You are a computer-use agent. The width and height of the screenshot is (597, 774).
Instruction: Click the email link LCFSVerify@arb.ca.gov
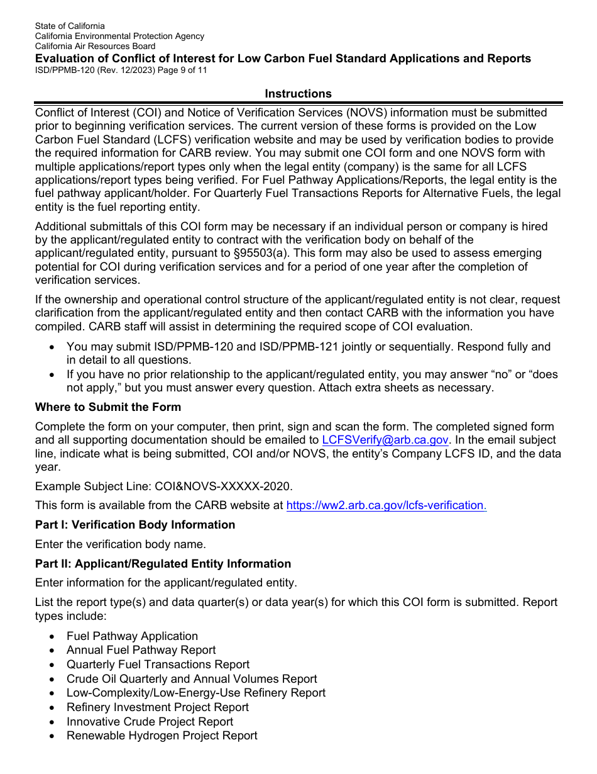[x=386, y=440]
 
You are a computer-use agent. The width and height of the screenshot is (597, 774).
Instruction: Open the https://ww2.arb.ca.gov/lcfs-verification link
[x=386, y=505]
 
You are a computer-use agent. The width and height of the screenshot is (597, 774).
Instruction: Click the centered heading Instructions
[x=298, y=94]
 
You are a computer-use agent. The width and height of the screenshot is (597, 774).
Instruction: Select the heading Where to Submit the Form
[x=108, y=407]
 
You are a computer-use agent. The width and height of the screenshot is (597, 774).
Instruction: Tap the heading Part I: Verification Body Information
[x=135, y=525]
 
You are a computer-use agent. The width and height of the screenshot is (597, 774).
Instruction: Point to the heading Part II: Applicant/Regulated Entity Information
[x=163, y=564]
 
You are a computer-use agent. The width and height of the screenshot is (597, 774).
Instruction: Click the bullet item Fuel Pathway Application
[x=132, y=636]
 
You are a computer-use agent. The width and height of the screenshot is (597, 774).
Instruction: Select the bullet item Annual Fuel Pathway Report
[x=141, y=650]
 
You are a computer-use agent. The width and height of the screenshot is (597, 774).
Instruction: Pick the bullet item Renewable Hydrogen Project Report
[x=162, y=736]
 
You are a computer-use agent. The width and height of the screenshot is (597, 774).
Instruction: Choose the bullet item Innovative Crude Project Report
[x=150, y=722]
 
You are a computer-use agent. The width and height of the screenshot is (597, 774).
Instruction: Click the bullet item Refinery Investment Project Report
[x=158, y=707]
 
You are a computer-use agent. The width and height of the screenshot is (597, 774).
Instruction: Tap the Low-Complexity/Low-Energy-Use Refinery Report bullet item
[x=196, y=693]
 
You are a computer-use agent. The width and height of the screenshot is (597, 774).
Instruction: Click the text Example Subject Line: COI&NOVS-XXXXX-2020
[x=163, y=486]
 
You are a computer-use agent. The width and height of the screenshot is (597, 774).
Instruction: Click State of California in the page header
[x=70, y=26]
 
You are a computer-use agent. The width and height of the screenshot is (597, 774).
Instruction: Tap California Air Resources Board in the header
[x=95, y=46]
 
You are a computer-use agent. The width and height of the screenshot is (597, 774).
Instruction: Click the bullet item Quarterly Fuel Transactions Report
[x=158, y=665]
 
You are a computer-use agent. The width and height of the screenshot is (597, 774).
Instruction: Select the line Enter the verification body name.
[x=120, y=544]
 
